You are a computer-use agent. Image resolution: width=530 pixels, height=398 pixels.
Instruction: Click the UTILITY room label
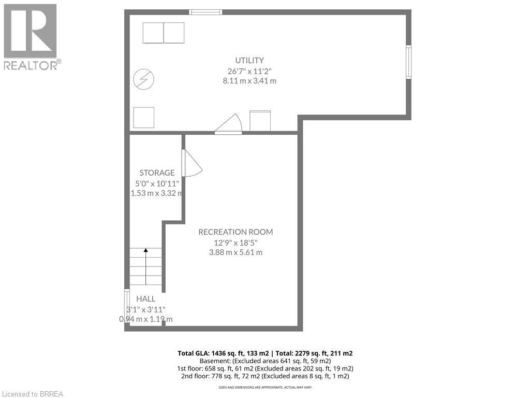249,60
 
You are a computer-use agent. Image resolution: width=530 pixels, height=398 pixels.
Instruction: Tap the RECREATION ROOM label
235,232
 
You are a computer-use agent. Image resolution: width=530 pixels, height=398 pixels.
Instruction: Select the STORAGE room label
157,173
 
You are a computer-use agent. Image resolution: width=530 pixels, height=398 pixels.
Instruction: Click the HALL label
145,299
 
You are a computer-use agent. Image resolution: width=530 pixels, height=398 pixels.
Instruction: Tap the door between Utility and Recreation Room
229,125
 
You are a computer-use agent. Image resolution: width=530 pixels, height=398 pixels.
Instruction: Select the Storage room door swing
191,164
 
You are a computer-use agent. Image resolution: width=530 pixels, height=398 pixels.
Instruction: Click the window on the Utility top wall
206,12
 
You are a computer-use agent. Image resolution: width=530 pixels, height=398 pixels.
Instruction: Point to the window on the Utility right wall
408,62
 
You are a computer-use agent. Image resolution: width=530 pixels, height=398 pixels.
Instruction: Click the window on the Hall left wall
127,306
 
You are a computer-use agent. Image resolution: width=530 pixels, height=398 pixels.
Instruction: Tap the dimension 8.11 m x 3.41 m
249,81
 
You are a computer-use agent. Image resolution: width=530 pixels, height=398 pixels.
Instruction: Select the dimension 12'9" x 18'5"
235,242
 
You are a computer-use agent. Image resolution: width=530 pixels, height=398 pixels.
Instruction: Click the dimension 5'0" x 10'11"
157,183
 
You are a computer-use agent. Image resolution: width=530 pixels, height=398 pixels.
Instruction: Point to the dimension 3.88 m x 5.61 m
235,252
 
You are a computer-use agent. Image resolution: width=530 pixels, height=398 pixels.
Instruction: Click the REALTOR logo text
31,65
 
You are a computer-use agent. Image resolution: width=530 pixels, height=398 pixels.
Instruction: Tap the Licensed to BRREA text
32,394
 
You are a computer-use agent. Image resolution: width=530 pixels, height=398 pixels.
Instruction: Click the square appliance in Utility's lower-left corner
143,118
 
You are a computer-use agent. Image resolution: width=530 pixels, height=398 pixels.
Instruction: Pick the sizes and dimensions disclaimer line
265,387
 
